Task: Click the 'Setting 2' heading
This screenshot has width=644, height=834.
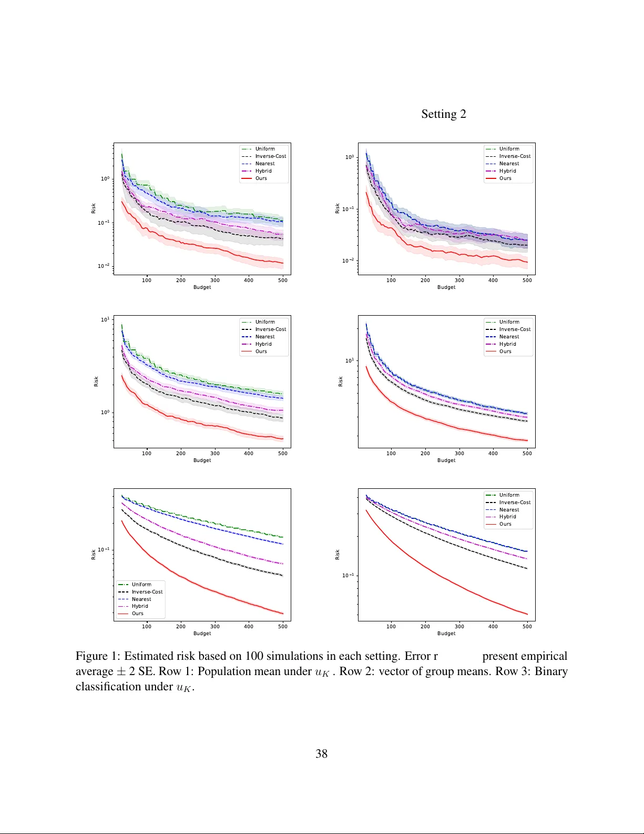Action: coord(443,114)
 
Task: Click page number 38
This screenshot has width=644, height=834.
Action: coord(321,753)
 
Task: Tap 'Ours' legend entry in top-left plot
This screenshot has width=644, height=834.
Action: coord(261,178)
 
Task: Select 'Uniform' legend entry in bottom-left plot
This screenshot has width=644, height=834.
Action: coord(141,585)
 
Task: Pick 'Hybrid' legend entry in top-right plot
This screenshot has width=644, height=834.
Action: coord(507,171)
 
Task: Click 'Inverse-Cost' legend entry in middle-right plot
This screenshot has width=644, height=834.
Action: coord(515,329)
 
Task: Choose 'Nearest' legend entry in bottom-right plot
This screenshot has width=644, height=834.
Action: coord(509,510)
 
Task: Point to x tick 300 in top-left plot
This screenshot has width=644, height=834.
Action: coord(214,280)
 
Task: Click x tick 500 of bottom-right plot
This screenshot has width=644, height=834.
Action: coord(527,627)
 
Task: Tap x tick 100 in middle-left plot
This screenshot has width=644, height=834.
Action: coord(147,454)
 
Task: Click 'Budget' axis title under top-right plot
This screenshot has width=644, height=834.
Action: coord(446,287)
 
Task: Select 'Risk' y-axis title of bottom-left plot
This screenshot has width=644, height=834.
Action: coord(94,555)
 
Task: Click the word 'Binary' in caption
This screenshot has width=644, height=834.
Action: coord(551,671)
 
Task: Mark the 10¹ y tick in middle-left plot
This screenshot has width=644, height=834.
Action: coord(105,319)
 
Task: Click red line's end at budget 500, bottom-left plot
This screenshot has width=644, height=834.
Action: coord(283,614)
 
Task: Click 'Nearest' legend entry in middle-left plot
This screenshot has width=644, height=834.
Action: coord(265,337)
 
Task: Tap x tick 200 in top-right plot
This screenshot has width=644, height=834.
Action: coord(425,280)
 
